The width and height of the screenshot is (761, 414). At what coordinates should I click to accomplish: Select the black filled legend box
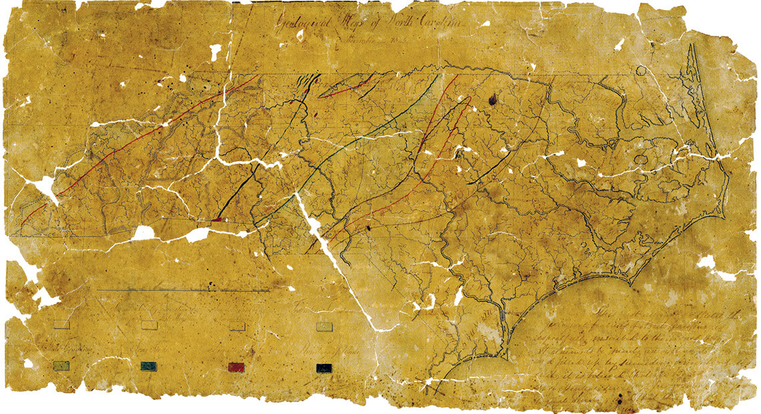tap(325, 367)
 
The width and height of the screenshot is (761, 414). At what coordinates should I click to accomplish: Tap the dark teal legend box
tap(149, 366)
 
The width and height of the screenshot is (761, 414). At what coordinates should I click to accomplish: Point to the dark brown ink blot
tap(493, 99)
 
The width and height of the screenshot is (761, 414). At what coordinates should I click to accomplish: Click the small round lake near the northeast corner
tap(641, 70)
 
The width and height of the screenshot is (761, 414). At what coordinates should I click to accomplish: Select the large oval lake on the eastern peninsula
tap(642, 160)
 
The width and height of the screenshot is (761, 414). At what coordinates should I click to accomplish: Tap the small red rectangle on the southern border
tap(218, 219)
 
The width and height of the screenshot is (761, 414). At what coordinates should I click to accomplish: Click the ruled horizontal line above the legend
tap(184, 290)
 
